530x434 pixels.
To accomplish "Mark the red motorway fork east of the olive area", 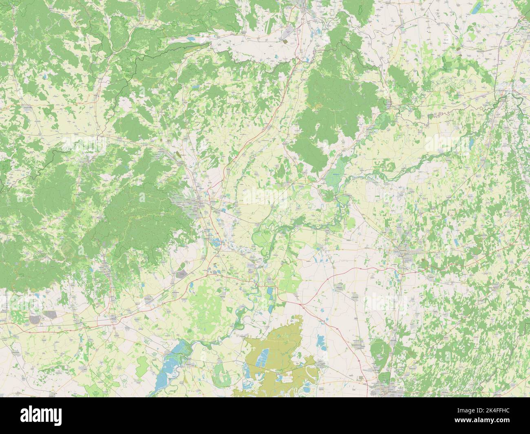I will (300, 304).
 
